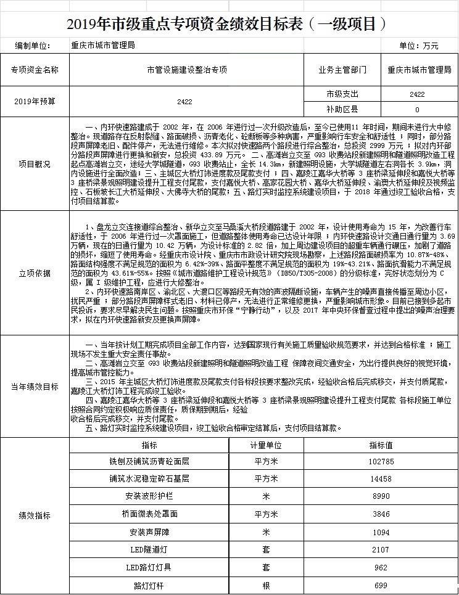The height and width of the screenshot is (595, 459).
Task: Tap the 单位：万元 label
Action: tap(419, 46)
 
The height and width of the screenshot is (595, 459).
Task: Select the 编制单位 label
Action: tap(35, 46)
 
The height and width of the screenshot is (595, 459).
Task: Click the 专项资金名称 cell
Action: tap(35, 70)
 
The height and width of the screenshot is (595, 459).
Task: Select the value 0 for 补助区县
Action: tap(417, 110)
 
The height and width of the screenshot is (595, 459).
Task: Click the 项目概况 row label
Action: tap(35, 165)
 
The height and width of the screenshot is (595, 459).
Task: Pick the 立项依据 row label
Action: tap(35, 273)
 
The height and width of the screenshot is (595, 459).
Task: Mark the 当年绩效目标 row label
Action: tap(35, 387)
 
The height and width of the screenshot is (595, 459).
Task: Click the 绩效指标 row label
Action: tap(35, 515)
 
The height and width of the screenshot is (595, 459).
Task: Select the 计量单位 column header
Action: tap(266, 445)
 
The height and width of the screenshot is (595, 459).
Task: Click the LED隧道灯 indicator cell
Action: tap(150, 549)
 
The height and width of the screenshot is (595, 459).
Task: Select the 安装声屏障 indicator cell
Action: tap(150, 531)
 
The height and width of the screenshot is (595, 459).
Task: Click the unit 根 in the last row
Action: tap(266, 585)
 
